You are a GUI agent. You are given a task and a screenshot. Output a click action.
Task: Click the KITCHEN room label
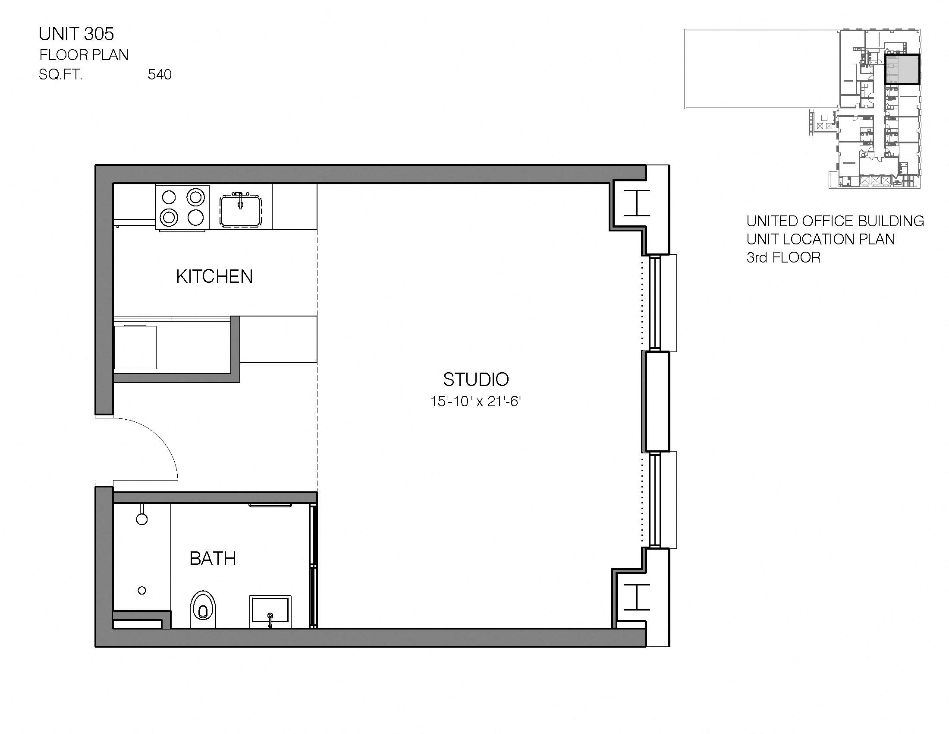click(x=214, y=277)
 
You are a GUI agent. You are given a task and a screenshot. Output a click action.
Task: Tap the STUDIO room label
click(x=476, y=379)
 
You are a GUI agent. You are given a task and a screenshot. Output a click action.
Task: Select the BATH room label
click(x=213, y=558)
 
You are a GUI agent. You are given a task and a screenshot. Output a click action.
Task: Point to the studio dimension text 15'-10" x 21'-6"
click(x=476, y=402)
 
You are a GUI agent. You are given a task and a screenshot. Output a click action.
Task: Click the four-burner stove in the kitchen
click(x=182, y=207)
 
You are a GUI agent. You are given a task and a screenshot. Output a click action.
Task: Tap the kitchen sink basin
click(x=240, y=211)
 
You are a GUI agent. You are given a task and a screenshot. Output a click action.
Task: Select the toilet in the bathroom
click(x=203, y=609)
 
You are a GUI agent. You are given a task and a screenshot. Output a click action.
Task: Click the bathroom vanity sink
click(x=270, y=611)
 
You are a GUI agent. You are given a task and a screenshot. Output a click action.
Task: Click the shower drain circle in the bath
click(x=141, y=591)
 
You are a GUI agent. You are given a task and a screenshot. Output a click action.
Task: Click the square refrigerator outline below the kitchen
click(x=135, y=347)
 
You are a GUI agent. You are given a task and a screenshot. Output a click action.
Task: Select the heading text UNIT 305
click(x=76, y=34)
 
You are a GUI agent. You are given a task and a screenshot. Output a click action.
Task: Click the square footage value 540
click(x=160, y=75)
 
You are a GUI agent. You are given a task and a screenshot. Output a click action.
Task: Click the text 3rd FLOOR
click(x=783, y=257)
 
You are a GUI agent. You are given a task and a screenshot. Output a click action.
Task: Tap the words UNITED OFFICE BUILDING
click(x=835, y=221)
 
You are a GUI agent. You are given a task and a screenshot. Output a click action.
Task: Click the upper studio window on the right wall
click(x=655, y=303)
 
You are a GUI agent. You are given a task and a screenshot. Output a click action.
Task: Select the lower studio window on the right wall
click(x=655, y=500)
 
